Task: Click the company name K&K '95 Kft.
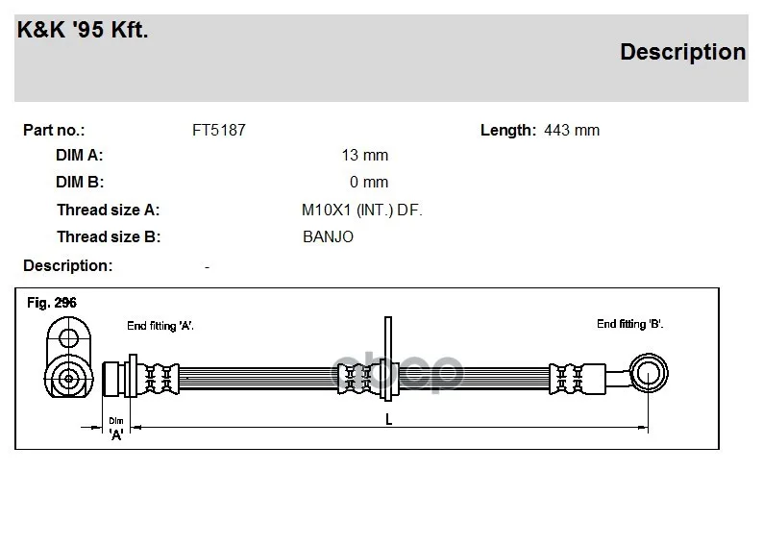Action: click(x=83, y=30)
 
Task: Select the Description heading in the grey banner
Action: click(x=682, y=52)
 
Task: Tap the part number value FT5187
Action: click(x=219, y=130)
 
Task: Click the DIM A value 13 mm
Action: click(x=364, y=156)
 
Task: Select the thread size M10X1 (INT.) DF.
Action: click(x=362, y=210)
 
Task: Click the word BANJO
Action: click(x=328, y=236)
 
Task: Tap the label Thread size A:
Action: click(x=108, y=210)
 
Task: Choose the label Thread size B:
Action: click(x=108, y=236)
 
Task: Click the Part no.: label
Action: click(x=54, y=130)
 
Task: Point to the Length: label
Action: click(x=507, y=130)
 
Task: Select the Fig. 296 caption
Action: click(x=52, y=303)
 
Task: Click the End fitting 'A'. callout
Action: click(x=160, y=326)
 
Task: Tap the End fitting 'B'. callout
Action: click(x=629, y=324)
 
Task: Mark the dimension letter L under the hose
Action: click(x=388, y=419)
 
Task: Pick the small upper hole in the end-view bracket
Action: click(x=68, y=337)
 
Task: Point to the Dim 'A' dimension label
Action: click(x=116, y=428)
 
